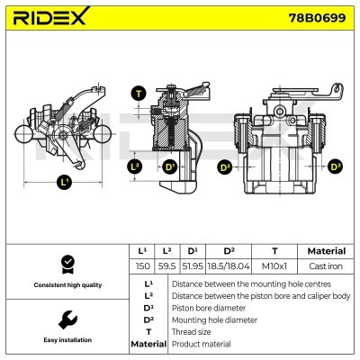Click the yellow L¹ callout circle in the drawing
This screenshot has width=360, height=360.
point(63,183)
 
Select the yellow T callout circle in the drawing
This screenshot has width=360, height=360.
point(138,94)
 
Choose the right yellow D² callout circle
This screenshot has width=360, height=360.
point(336,166)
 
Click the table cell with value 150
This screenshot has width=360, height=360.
point(142,267)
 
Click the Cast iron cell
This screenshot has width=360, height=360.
point(326,267)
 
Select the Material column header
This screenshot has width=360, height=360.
point(326,251)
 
